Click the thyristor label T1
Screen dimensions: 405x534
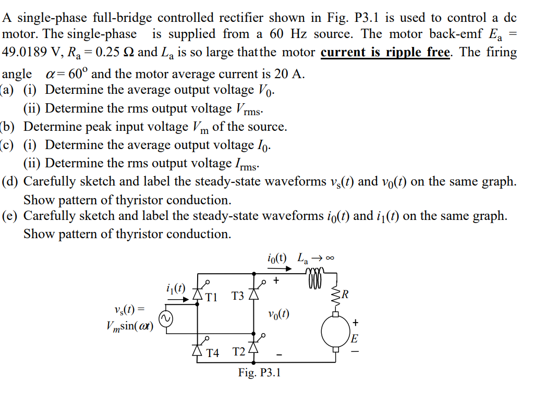pos(211,297)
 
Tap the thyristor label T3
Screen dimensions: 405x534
pos(238,297)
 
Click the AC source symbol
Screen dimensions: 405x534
pos(166,319)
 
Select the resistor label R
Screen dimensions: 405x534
pos(345,298)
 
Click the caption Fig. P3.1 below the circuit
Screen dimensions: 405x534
pos(259,373)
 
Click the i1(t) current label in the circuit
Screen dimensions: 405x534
pos(175,287)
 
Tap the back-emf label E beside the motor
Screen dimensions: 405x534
pos(355,339)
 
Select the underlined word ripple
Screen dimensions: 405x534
pos(404,53)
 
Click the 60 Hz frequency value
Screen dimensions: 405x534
pos(286,34)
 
